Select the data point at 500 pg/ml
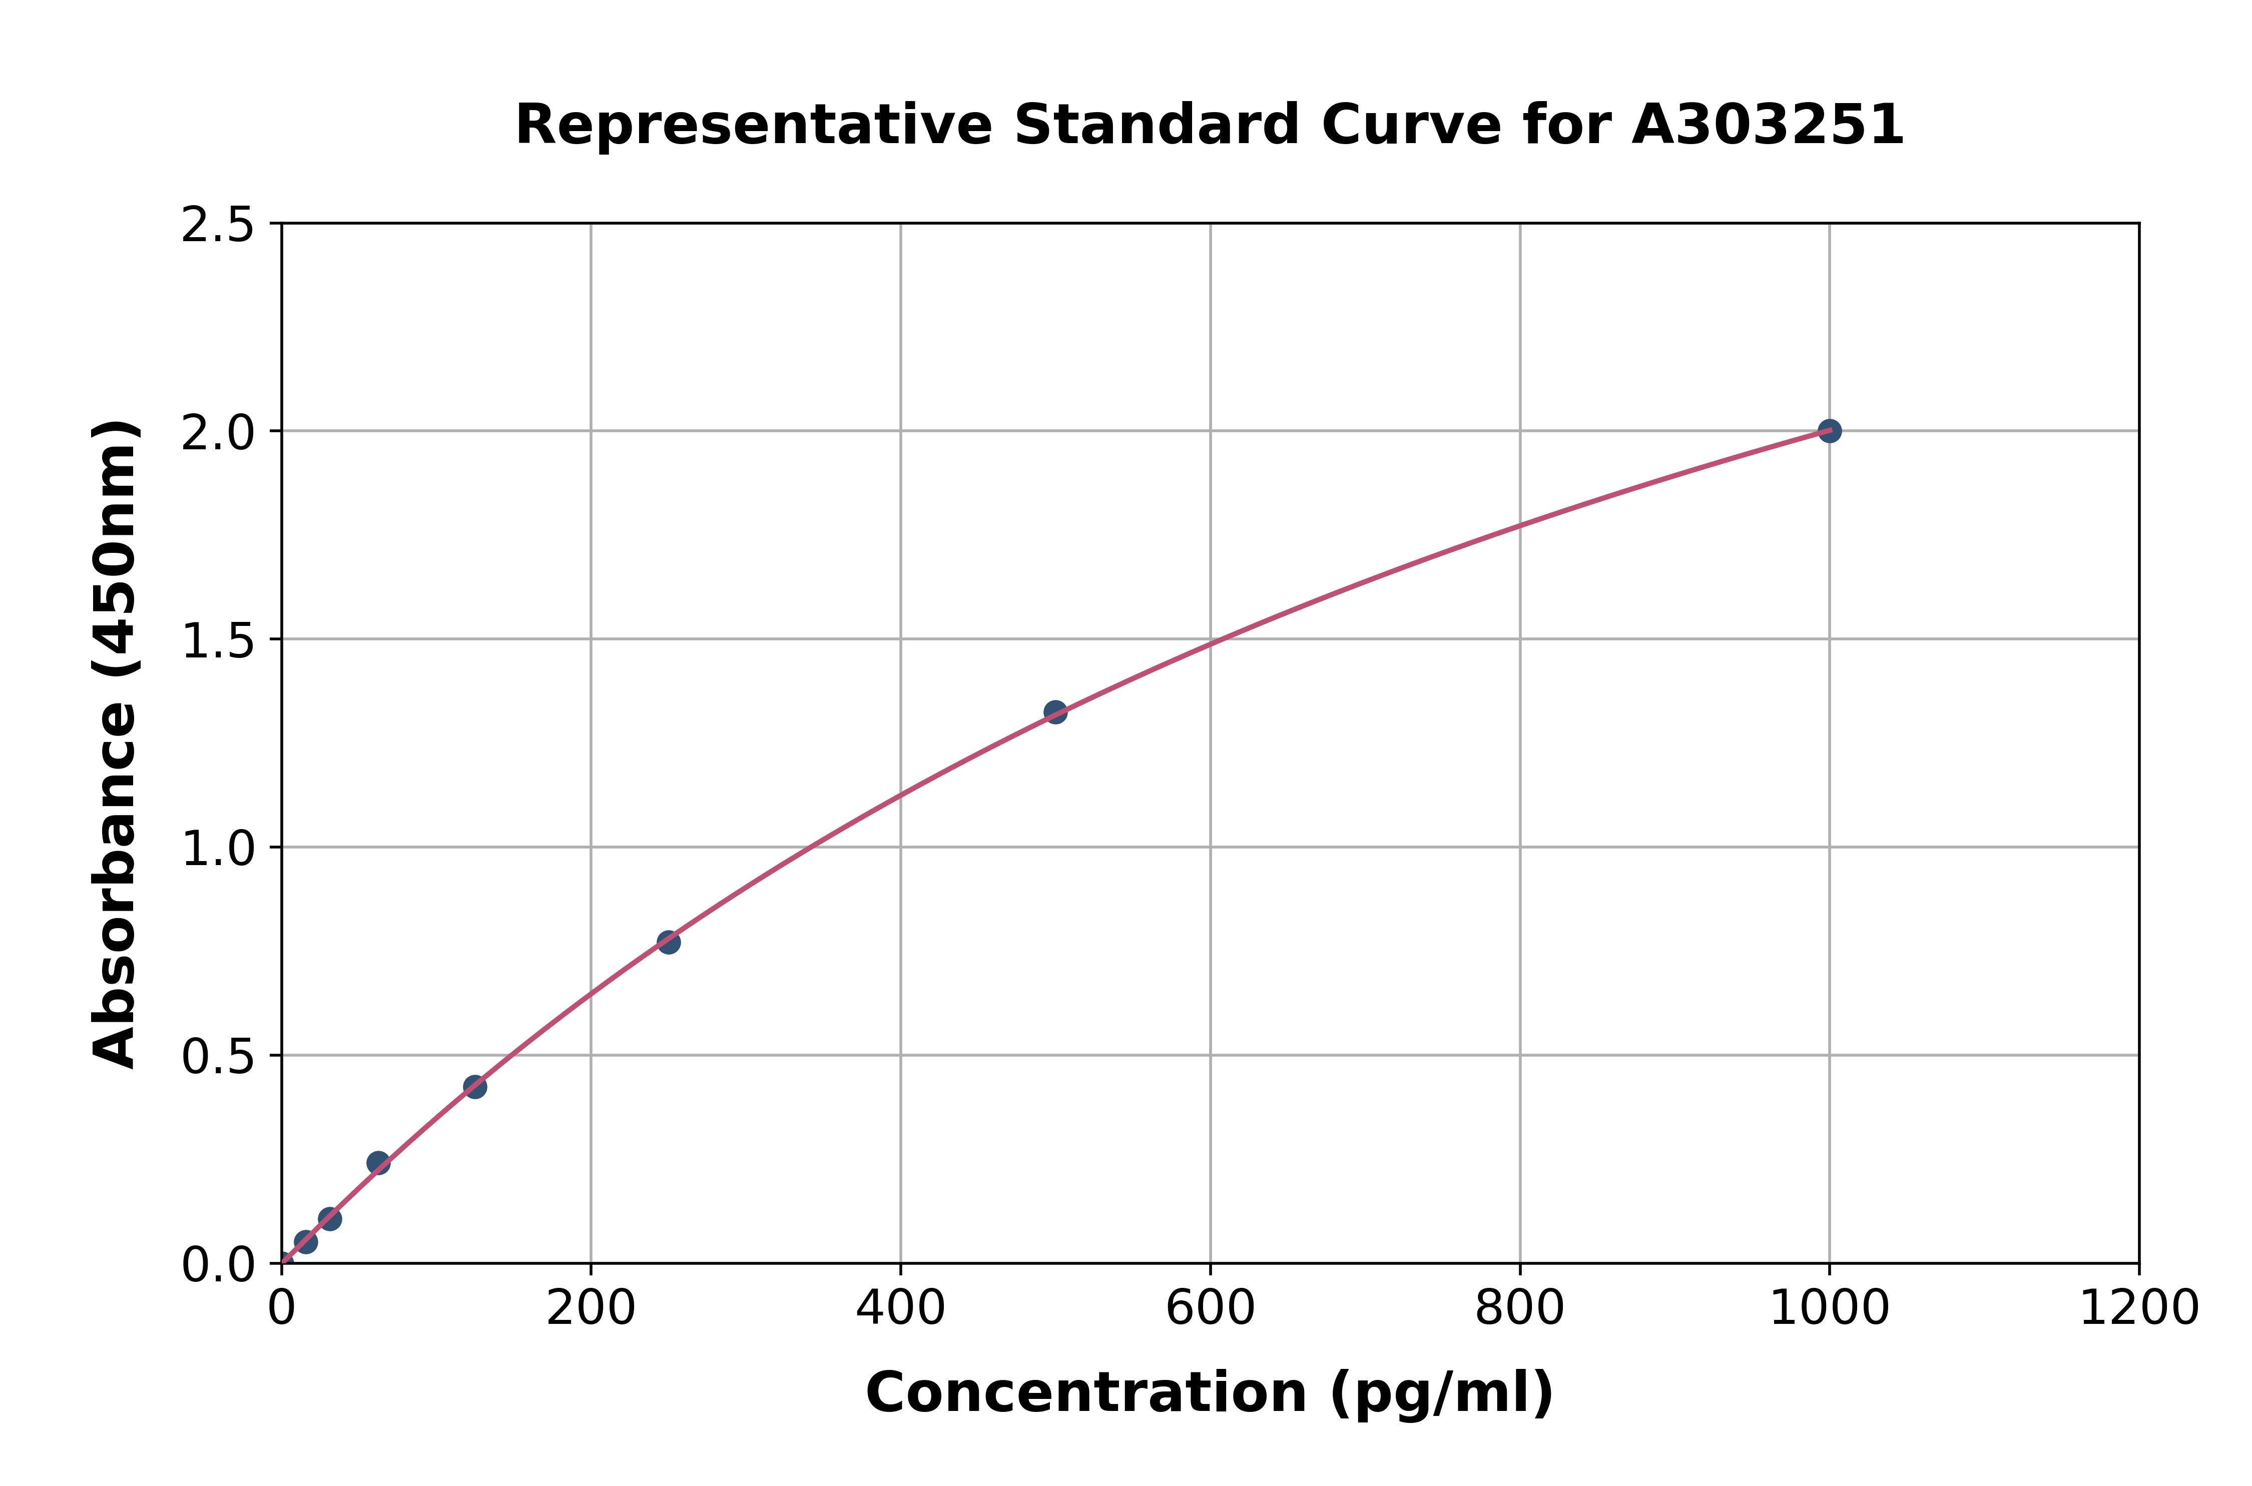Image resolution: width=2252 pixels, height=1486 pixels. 1055,711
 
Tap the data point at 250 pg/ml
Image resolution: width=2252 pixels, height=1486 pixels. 668,942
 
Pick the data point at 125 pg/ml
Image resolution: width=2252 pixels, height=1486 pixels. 475,1087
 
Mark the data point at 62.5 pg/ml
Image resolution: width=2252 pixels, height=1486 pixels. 378,1163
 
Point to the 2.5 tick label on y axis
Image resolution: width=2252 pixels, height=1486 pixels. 218,226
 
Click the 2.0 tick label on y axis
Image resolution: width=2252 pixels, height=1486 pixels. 218,433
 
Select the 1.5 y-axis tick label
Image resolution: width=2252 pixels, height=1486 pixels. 218,640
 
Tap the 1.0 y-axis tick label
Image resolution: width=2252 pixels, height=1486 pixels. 218,849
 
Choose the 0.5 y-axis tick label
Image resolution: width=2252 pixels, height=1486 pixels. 218,1057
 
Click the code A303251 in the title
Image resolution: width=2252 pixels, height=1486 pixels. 1768,125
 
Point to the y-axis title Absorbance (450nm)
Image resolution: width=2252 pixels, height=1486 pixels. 116,744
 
